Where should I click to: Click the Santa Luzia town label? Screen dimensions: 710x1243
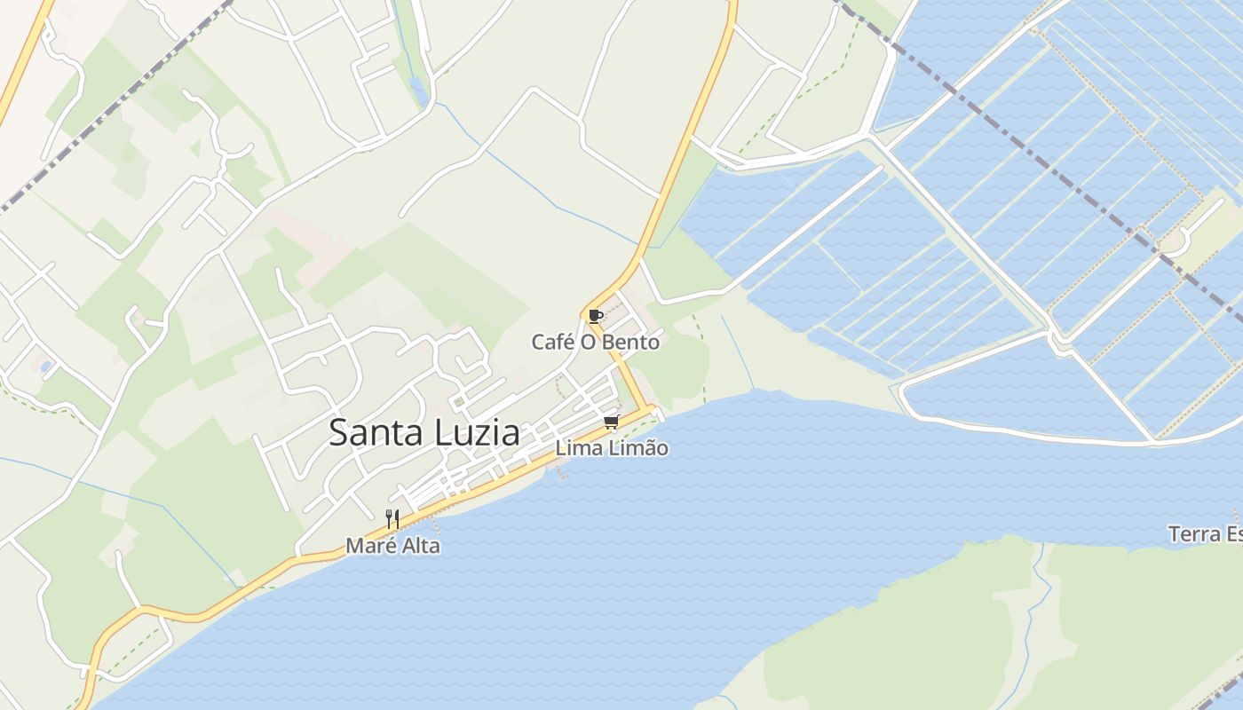coord(424,433)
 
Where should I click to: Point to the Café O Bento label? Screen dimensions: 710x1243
coord(596,342)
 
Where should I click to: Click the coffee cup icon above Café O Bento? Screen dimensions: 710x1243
coord(595,316)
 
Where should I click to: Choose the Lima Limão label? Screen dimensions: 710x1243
coord(612,449)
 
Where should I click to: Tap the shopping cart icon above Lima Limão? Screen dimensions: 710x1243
coord(611,422)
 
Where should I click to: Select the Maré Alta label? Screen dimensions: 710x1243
coord(392,546)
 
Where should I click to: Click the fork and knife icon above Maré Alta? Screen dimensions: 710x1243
coord(392,518)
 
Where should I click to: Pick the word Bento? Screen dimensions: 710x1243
coord(634,342)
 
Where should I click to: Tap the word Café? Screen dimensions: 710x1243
coord(550,342)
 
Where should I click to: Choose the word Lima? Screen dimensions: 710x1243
coord(576,449)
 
